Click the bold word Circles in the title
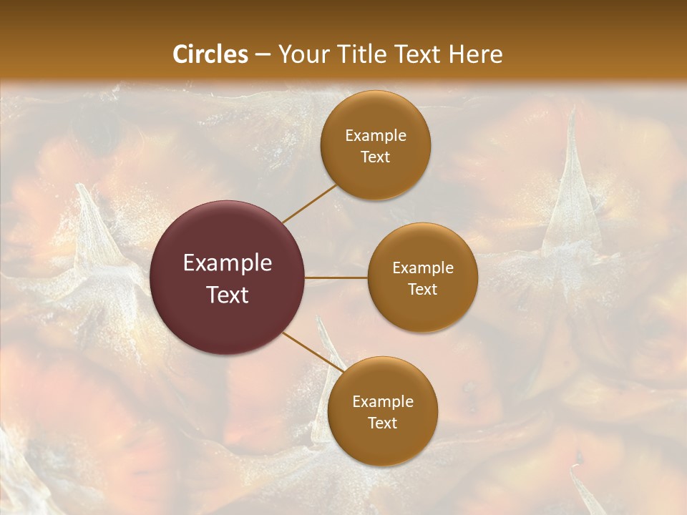210,54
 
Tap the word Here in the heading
476,54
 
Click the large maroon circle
228,236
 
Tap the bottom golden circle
382,443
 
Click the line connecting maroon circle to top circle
309,203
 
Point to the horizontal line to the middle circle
336,278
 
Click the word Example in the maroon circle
228,263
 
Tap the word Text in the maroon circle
228,295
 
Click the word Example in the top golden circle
376,136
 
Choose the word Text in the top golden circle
376,157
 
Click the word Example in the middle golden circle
422,268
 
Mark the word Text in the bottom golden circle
382,423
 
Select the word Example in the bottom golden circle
382,402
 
